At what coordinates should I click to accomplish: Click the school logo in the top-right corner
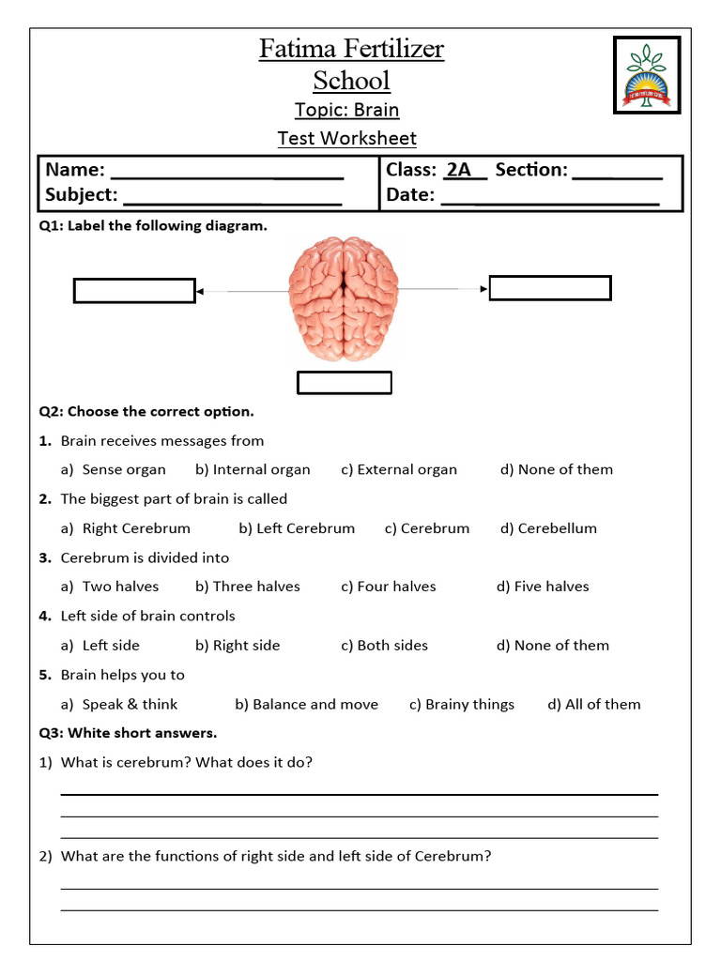click(x=646, y=74)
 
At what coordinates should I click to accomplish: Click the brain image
click(x=344, y=297)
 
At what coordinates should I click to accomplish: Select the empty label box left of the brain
click(x=134, y=291)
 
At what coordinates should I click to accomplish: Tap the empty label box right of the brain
click(x=550, y=288)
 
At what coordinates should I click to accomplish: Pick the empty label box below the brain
click(x=344, y=383)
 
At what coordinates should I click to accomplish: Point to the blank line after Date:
click(x=549, y=197)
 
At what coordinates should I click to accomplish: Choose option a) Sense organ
click(x=114, y=469)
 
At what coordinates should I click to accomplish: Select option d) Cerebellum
click(x=548, y=528)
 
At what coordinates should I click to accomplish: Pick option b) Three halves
click(x=248, y=587)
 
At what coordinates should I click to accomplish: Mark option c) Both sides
click(x=385, y=645)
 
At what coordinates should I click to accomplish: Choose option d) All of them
click(x=594, y=704)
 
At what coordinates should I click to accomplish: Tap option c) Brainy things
click(x=462, y=704)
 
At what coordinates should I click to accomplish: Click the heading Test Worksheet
click(x=346, y=138)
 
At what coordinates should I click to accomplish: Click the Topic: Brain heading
click(x=346, y=110)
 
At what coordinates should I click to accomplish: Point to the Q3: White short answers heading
click(x=128, y=732)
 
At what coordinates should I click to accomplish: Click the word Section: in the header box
click(x=531, y=170)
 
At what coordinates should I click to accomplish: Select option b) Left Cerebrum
click(x=297, y=528)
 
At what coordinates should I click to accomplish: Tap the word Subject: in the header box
click(x=82, y=195)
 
